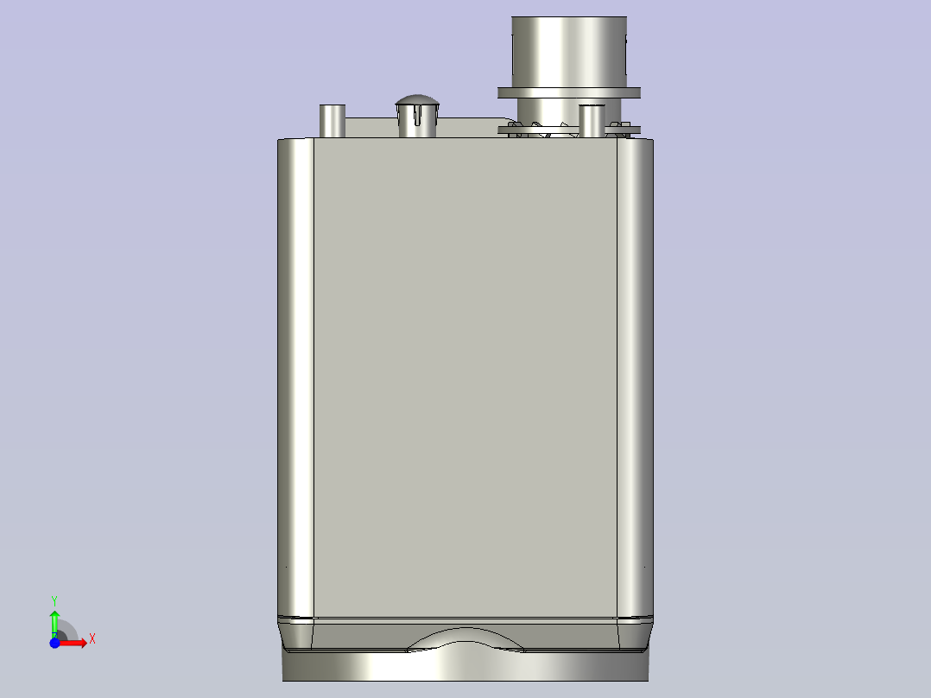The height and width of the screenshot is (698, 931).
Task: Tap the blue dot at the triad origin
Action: pyautogui.click(x=54, y=644)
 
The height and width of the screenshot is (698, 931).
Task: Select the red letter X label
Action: pyautogui.click(x=92, y=639)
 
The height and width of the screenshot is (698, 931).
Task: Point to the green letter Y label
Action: pyautogui.click(x=54, y=600)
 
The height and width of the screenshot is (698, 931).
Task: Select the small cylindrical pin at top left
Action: pyautogui.click(x=332, y=120)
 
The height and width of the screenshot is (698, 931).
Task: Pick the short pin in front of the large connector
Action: pyautogui.click(x=592, y=120)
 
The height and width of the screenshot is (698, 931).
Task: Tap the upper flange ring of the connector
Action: pyautogui.click(x=569, y=92)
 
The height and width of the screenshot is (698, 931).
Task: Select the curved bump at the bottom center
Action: pyautogui.click(x=466, y=638)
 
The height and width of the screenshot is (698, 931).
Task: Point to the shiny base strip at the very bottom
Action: pyautogui.click(x=466, y=666)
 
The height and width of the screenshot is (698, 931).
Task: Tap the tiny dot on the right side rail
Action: pyautogui.click(x=644, y=567)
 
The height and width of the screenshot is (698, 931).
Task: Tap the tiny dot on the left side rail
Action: pyautogui.click(x=288, y=567)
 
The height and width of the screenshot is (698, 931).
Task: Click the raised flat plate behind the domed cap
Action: pyautogui.click(x=466, y=127)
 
